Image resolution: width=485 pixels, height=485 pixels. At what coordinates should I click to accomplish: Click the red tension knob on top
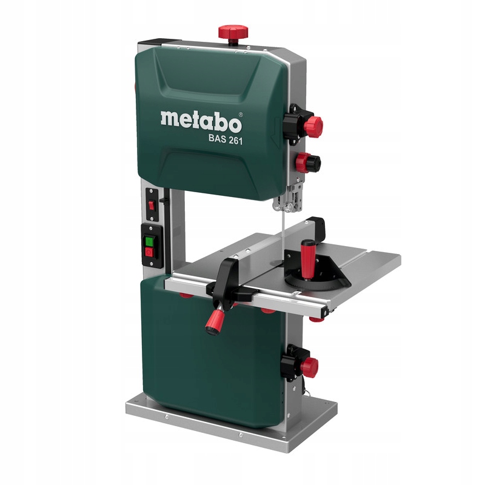[233, 32]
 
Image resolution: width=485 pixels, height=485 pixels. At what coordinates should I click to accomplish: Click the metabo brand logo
[201, 122]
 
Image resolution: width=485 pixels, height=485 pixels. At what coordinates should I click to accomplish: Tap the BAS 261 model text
[226, 139]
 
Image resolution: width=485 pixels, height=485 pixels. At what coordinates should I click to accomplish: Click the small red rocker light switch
[151, 205]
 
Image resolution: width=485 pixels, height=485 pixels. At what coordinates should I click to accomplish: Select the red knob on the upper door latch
[313, 127]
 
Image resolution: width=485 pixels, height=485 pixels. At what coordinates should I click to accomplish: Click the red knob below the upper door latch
[304, 162]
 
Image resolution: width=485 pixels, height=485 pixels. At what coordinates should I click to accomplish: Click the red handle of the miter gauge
[308, 259]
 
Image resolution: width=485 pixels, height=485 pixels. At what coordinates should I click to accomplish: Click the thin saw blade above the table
[283, 235]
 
